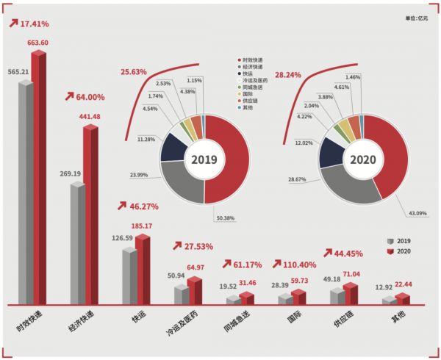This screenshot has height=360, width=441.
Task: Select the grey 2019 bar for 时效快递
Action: [x=25, y=191]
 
